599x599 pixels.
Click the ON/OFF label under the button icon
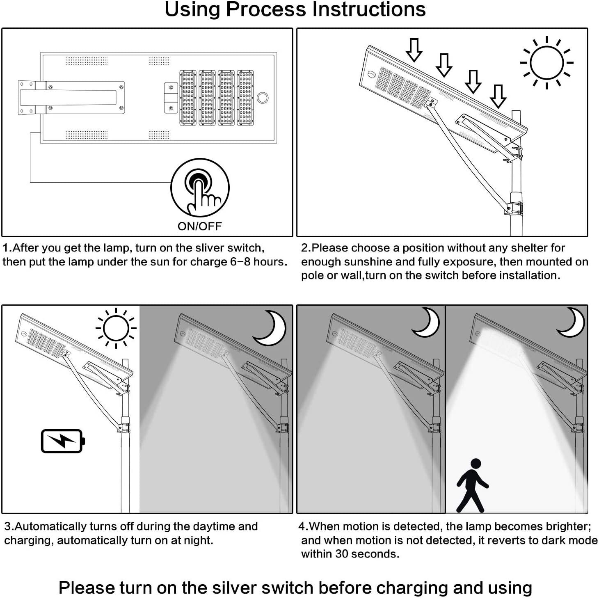[199, 226]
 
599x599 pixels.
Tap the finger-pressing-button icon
[200, 188]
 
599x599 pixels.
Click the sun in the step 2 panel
[546, 63]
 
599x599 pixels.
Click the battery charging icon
[63, 441]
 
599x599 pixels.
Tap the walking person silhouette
[472, 485]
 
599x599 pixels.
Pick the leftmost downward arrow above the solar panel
[414, 50]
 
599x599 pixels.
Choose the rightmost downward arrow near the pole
[498, 96]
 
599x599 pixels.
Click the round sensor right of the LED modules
[263, 98]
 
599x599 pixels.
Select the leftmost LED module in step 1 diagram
[188, 98]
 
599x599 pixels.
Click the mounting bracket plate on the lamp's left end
[27, 97]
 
